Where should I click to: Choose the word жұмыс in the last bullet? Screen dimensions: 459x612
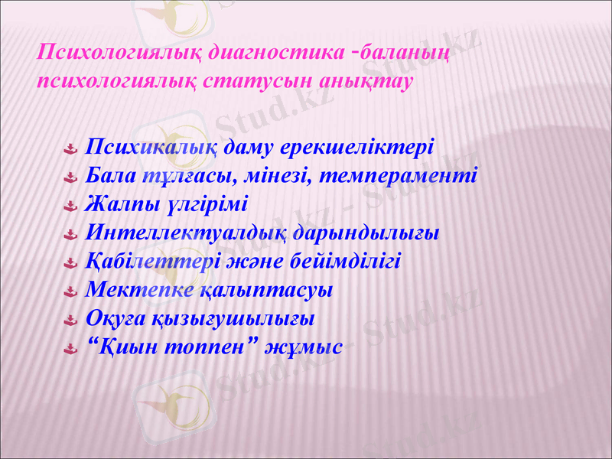click(303, 347)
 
